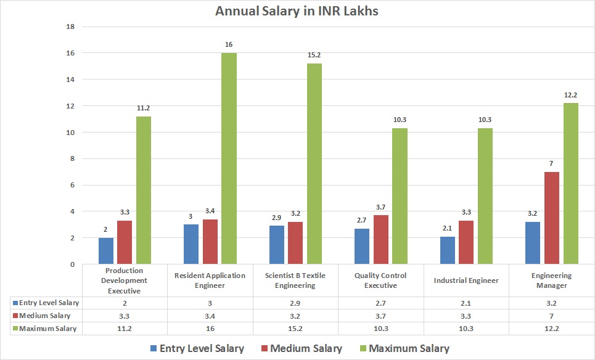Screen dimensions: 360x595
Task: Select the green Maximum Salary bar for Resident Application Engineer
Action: [229, 158]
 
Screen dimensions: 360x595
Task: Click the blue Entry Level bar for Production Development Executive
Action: [106, 251]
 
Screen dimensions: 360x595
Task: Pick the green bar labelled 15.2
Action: [314, 163]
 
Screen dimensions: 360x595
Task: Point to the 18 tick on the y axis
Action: [70, 27]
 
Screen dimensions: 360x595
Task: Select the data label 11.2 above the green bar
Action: [144, 108]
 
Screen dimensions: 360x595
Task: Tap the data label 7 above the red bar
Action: [551, 163]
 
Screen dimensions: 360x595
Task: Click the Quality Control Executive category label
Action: [380, 280]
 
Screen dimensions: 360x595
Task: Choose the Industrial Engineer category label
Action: [466, 280]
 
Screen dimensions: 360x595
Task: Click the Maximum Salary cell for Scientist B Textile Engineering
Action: [295, 329]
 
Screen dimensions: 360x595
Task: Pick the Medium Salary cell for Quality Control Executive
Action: [380, 316]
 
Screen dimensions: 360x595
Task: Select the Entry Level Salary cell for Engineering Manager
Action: [551, 303]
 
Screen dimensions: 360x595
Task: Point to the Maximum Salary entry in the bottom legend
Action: [413, 348]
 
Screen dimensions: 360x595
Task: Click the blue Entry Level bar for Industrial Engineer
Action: [447, 250]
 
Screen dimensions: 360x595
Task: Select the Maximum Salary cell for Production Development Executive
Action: [125, 329]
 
